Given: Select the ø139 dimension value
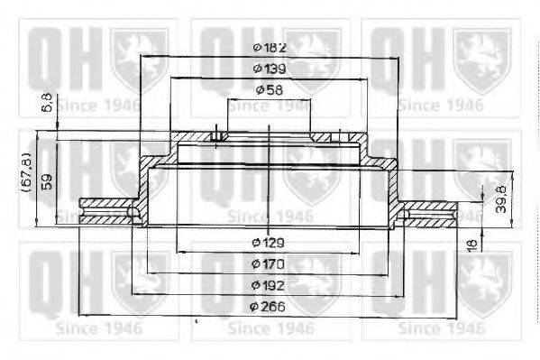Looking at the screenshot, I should [270, 69].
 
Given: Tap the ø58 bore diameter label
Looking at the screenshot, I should [270, 89].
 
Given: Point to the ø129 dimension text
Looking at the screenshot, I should [270, 242].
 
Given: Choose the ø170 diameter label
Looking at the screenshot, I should [270, 263].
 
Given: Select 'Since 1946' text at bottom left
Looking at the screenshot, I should [97, 328].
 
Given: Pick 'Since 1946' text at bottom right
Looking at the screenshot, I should [441, 328].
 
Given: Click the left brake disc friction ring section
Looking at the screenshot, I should [106, 212].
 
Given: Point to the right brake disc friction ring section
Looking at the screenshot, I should [431, 212].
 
